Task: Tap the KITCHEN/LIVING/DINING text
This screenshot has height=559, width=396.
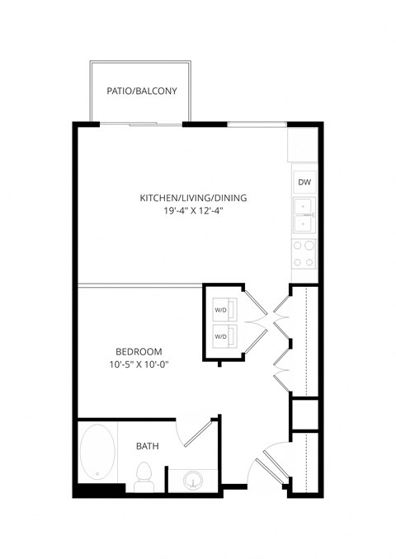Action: (193, 198)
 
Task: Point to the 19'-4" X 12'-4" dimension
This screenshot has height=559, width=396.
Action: (193, 211)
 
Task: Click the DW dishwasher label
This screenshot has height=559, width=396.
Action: (304, 183)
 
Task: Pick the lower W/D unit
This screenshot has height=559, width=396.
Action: (223, 336)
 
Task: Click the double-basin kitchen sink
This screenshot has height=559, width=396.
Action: (304, 215)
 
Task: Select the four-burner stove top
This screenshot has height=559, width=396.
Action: (304, 253)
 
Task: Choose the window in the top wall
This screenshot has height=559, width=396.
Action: (257, 124)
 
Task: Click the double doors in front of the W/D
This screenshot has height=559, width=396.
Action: (256, 322)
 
